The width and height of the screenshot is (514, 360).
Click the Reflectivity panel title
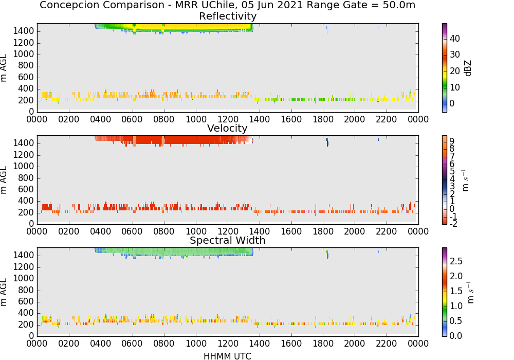(228, 16)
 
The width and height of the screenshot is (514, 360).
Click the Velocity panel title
(227, 128)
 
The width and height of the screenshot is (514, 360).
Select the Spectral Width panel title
(228, 240)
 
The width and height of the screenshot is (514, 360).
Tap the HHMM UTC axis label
(228, 356)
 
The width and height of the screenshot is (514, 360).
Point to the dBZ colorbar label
(468, 68)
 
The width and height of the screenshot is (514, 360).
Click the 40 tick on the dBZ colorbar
(455, 39)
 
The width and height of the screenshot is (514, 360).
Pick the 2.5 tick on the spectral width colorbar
(456, 261)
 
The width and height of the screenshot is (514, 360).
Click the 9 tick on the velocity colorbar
(452, 141)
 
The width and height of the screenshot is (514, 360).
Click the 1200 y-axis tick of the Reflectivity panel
(23, 43)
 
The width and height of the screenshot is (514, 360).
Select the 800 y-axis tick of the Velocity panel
(26, 178)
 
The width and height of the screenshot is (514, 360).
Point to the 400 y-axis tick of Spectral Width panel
(26, 313)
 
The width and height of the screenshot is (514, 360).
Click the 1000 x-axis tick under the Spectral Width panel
(196, 344)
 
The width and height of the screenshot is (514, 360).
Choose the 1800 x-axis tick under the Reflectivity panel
(323, 119)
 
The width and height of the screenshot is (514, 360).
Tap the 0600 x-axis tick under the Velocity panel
(132, 231)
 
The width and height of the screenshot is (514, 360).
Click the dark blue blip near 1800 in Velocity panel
(327, 142)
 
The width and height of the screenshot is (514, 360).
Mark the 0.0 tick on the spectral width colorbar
(456, 336)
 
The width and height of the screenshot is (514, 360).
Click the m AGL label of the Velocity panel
(4, 179)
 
